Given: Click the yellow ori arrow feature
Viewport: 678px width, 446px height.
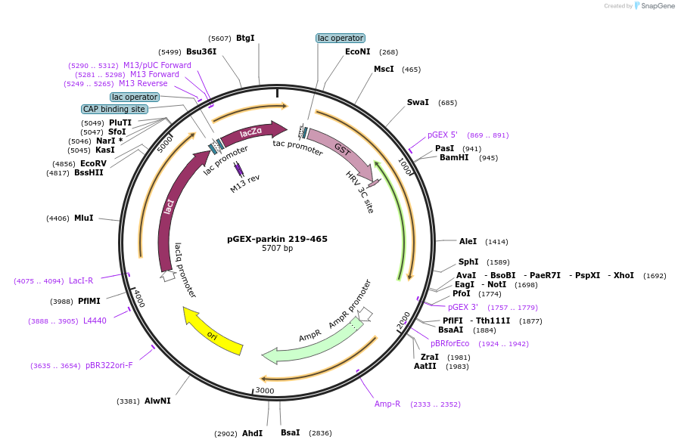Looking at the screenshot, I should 213,332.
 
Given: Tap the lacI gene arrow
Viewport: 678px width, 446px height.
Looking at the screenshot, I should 171,208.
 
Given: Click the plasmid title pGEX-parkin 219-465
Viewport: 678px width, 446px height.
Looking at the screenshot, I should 278,239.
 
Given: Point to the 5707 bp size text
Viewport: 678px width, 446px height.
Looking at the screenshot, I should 278,249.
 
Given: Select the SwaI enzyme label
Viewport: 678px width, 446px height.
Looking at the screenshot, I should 418,102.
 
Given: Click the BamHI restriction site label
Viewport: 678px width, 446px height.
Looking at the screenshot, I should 454,158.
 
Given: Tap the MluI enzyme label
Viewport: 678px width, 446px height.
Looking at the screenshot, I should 83,218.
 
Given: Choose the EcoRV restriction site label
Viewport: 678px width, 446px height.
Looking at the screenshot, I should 93,163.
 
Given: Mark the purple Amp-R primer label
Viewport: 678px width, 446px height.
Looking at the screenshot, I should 387,404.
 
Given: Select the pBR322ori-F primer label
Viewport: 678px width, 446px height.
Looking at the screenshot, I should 109,365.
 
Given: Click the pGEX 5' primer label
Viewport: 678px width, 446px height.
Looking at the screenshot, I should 443,135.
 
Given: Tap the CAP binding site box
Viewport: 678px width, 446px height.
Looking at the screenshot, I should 114,109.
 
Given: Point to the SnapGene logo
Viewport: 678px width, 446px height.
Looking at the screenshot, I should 655,6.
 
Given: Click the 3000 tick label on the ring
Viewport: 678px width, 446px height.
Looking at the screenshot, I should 265,390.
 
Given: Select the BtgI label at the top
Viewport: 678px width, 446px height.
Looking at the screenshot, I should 245,38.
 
